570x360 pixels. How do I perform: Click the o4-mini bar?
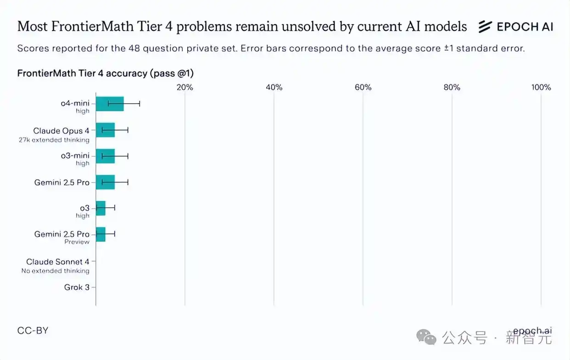110,104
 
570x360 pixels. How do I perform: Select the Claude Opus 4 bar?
105,130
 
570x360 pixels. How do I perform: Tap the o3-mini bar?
105,156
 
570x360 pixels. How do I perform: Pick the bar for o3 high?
101,208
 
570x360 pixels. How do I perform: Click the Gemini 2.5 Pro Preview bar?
101,234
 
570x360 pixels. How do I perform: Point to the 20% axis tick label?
185,88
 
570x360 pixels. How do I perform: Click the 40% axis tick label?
274,88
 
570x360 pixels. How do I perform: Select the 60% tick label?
363,88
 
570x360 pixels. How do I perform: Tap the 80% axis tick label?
452,88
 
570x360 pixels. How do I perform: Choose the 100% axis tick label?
541,88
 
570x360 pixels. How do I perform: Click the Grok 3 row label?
77,288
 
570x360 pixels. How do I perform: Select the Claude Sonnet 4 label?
57,262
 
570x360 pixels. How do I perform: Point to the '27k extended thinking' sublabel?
54,139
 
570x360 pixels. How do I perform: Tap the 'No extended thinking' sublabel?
55,271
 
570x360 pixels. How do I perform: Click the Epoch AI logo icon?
485,27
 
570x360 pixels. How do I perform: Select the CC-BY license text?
33,330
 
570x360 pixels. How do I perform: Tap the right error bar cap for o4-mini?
140,104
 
